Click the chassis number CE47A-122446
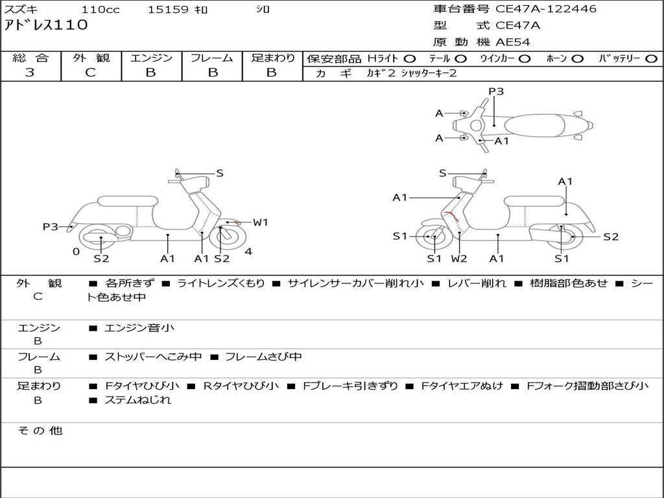[546, 9]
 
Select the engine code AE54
[513, 42]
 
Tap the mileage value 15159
[168, 9]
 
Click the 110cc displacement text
[101, 9]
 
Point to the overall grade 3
[30, 73]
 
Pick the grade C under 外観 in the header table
[91, 73]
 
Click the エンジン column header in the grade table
[152, 58]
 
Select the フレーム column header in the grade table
[212, 58]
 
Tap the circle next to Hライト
[410, 59]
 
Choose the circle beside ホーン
[577, 59]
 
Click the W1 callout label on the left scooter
[261, 222]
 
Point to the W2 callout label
[459, 259]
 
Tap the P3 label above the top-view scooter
[496, 91]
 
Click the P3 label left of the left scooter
[51, 226]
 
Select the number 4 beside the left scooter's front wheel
[248, 252]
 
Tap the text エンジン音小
[139, 328]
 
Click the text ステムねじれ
[138, 400]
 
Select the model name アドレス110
[46, 25]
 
